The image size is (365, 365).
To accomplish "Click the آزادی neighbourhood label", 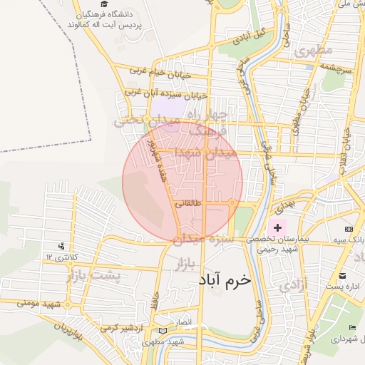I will tap(296, 285).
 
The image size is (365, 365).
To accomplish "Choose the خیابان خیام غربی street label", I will tap(158, 70).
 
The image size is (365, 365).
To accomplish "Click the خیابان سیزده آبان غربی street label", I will tap(165, 93).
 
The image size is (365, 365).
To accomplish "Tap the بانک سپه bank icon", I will tap(349, 228).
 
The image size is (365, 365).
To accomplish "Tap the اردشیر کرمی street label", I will tap(118, 327).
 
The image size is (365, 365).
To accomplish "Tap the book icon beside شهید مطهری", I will tap(164, 331).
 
